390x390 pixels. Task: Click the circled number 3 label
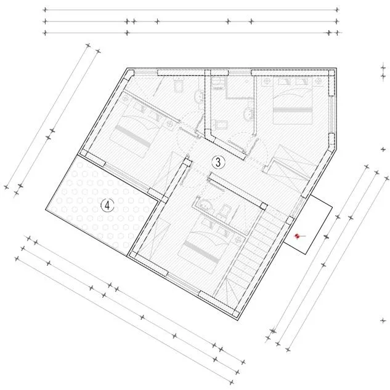point(218,162)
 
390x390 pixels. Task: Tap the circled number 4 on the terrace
point(107,205)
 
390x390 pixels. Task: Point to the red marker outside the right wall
point(297,236)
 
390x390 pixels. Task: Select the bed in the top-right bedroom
point(293,100)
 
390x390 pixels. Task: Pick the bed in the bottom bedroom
point(206,244)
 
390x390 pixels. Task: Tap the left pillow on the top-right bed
point(284,81)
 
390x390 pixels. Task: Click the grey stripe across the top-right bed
point(293,109)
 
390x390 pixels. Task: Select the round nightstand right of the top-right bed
point(318,81)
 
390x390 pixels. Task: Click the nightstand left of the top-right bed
point(267,81)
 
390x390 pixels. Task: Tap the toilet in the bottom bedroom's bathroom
point(225,210)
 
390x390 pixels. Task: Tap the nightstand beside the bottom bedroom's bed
point(238,239)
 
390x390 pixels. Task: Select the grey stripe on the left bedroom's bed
point(134,136)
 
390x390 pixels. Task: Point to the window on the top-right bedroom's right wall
point(331,114)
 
